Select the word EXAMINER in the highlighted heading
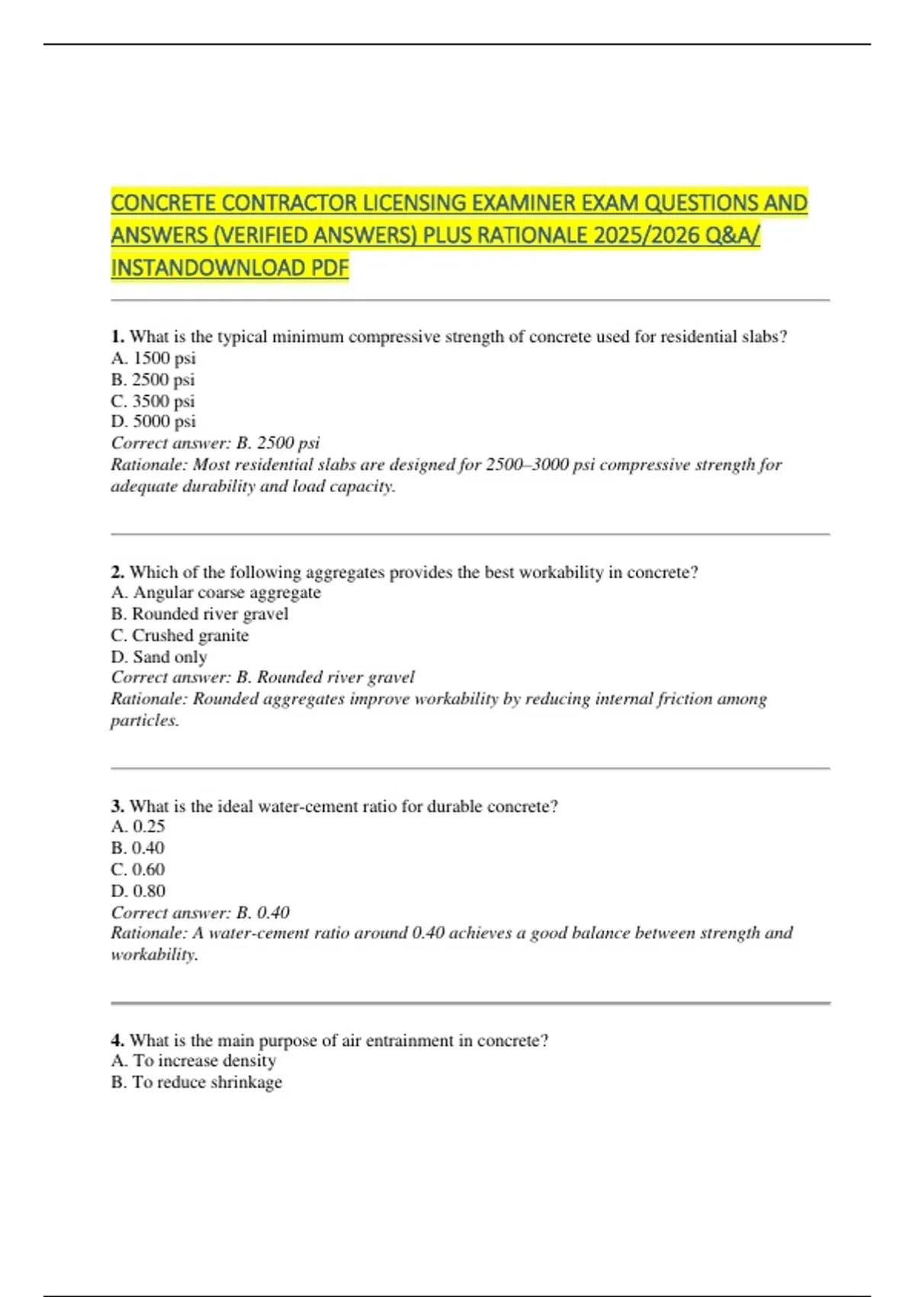pos(520,203)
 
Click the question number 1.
pos(117,336)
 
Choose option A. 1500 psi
pos(153,358)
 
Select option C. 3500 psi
pos(152,401)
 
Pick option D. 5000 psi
pos(153,421)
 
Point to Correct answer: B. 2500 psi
pos(215,443)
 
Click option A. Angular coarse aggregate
pos(216,593)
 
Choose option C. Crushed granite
pos(179,636)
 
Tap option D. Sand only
pos(159,657)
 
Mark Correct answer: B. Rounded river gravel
pos(262,677)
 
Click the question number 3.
pos(117,806)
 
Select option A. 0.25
pos(137,826)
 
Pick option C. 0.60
pos(137,869)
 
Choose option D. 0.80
pos(138,890)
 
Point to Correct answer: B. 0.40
pos(200,912)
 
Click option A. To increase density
pos(194,1060)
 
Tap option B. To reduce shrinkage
pos(196,1082)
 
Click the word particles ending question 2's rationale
pos(144,720)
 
